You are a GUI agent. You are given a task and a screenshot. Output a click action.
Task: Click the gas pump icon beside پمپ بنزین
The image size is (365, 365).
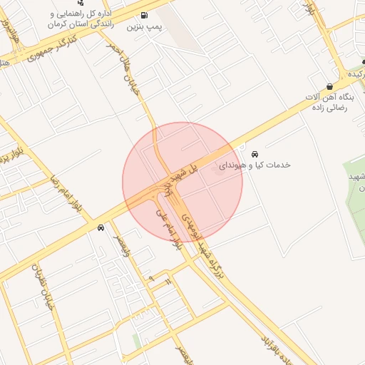pos(145,15)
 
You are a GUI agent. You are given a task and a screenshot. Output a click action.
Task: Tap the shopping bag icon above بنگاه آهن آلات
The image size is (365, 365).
pos(330,86)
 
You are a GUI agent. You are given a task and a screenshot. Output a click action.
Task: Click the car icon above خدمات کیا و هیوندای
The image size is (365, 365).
pos(255,153)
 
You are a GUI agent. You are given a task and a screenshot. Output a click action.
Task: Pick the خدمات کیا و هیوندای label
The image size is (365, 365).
pos(255,165)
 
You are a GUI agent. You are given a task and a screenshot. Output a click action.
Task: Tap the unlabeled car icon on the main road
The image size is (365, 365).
pos(101,228)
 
